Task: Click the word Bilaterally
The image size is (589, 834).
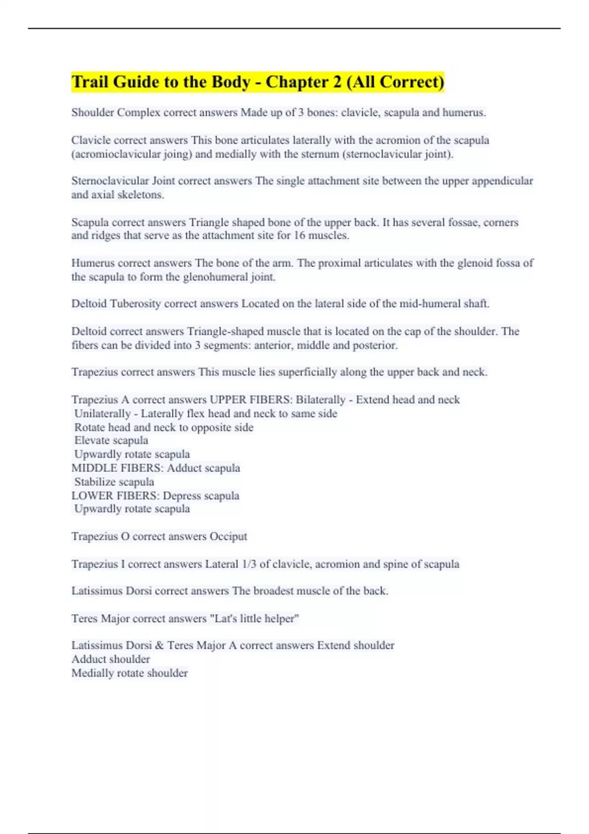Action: tap(320, 400)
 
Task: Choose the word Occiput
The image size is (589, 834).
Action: tap(228, 536)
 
